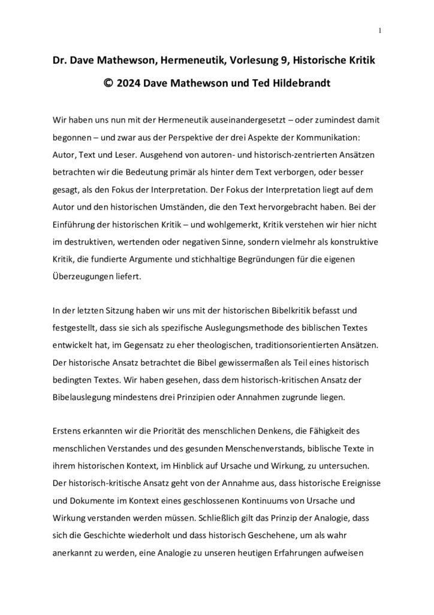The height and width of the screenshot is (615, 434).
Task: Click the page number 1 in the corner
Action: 380,30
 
